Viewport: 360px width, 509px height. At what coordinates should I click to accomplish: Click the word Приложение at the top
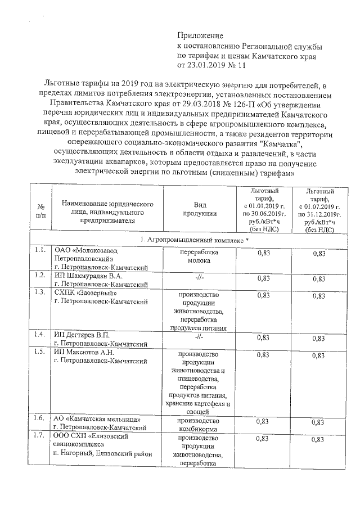[x=201, y=35]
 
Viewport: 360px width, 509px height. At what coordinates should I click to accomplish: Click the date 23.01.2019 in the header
[x=206, y=65]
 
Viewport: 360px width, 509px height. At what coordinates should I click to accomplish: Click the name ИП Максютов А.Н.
[x=84, y=352]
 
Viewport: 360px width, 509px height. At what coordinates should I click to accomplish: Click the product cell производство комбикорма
[x=198, y=425]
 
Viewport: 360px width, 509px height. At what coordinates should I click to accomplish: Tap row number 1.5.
[x=39, y=353]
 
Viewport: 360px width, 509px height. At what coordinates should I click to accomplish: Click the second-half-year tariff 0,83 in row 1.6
[x=319, y=422]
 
